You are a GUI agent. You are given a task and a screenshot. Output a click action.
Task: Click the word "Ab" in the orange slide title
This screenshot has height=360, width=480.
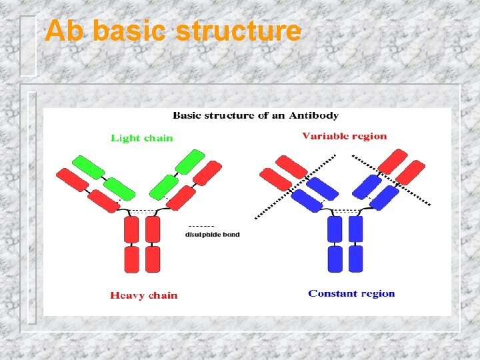(65, 31)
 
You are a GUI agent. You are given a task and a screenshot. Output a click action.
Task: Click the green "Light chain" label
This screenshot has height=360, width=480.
(141, 138)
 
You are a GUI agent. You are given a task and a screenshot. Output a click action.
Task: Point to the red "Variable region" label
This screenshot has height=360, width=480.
(344, 136)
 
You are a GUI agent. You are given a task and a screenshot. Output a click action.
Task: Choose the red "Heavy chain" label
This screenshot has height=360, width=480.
(144, 295)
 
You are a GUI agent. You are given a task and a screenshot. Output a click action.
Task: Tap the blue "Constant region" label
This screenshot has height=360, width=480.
(351, 293)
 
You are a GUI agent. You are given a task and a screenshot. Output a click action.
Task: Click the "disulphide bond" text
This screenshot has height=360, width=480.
(212, 235)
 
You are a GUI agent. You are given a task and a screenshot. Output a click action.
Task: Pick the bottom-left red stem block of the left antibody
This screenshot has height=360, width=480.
(131, 259)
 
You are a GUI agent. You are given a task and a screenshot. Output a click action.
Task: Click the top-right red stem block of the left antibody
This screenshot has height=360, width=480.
(153, 229)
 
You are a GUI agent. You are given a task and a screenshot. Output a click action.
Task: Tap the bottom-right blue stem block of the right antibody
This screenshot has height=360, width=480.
(356, 259)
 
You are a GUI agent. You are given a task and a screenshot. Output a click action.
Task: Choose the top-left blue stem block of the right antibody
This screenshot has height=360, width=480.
(334, 229)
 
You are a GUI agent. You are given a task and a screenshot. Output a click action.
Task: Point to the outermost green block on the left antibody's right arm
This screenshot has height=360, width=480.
(190, 162)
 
